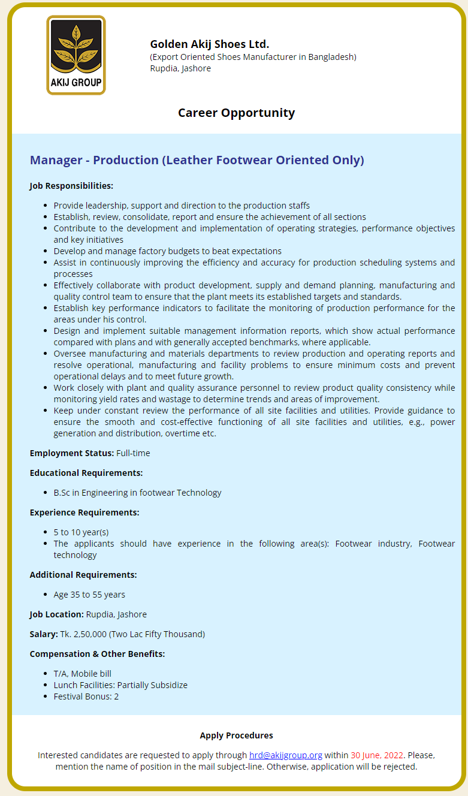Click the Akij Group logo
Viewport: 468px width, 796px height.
point(76,55)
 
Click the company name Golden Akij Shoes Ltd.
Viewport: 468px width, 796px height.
point(209,44)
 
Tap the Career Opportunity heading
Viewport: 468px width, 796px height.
point(236,113)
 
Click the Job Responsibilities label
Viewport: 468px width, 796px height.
point(71,186)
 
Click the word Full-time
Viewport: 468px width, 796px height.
point(133,453)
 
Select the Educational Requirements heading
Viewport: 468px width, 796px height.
point(86,473)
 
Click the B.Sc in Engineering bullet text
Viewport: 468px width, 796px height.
point(137,493)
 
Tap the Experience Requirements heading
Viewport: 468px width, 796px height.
point(84,512)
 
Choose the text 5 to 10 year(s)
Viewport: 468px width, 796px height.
point(81,532)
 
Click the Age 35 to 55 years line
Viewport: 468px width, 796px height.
point(89,595)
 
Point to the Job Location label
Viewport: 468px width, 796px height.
point(56,614)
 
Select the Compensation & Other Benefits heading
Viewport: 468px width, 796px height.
point(97,654)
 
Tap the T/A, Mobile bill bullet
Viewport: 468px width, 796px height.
point(82,674)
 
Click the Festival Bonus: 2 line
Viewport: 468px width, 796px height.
point(86,696)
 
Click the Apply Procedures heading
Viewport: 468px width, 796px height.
point(236,735)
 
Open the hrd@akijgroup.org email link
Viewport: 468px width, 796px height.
point(286,755)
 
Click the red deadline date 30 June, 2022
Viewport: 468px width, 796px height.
point(377,755)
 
